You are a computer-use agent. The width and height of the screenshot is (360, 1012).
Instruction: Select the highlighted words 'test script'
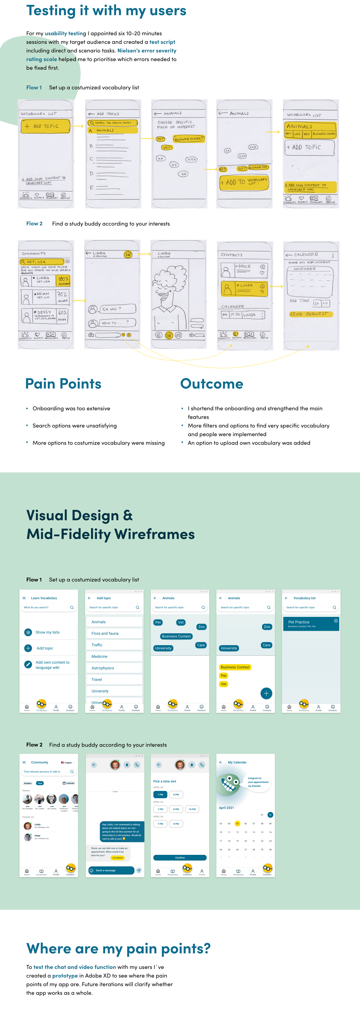pos(162,42)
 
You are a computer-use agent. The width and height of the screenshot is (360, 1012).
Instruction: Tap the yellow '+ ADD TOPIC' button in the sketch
pos(46,126)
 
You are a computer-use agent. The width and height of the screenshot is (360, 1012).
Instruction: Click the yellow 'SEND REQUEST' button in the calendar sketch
pos(310,314)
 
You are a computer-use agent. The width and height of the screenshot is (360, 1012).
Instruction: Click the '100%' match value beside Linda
pos(63,280)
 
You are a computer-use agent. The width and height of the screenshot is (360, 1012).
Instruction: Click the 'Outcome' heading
pos(211,384)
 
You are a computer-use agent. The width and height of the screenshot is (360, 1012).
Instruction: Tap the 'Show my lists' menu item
pos(48,632)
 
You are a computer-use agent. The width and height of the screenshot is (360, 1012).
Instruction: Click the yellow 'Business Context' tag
pos(235,667)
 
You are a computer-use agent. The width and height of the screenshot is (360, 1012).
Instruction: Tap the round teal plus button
pos(266,693)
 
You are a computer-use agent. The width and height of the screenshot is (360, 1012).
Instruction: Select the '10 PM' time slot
pos(192,809)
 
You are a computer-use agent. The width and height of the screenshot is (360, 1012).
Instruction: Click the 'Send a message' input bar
pos(111,870)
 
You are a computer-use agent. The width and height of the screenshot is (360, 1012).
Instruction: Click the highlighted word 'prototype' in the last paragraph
pos(65,975)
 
